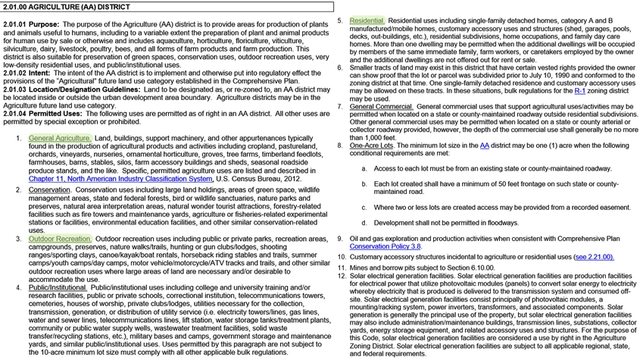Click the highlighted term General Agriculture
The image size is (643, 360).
coord(59,139)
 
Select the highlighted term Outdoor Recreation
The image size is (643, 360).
coord(59,239)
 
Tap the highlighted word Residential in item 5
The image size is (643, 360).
coord(367,20)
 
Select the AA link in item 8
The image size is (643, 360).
coord(484,146)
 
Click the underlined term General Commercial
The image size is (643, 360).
coord(381,107)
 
